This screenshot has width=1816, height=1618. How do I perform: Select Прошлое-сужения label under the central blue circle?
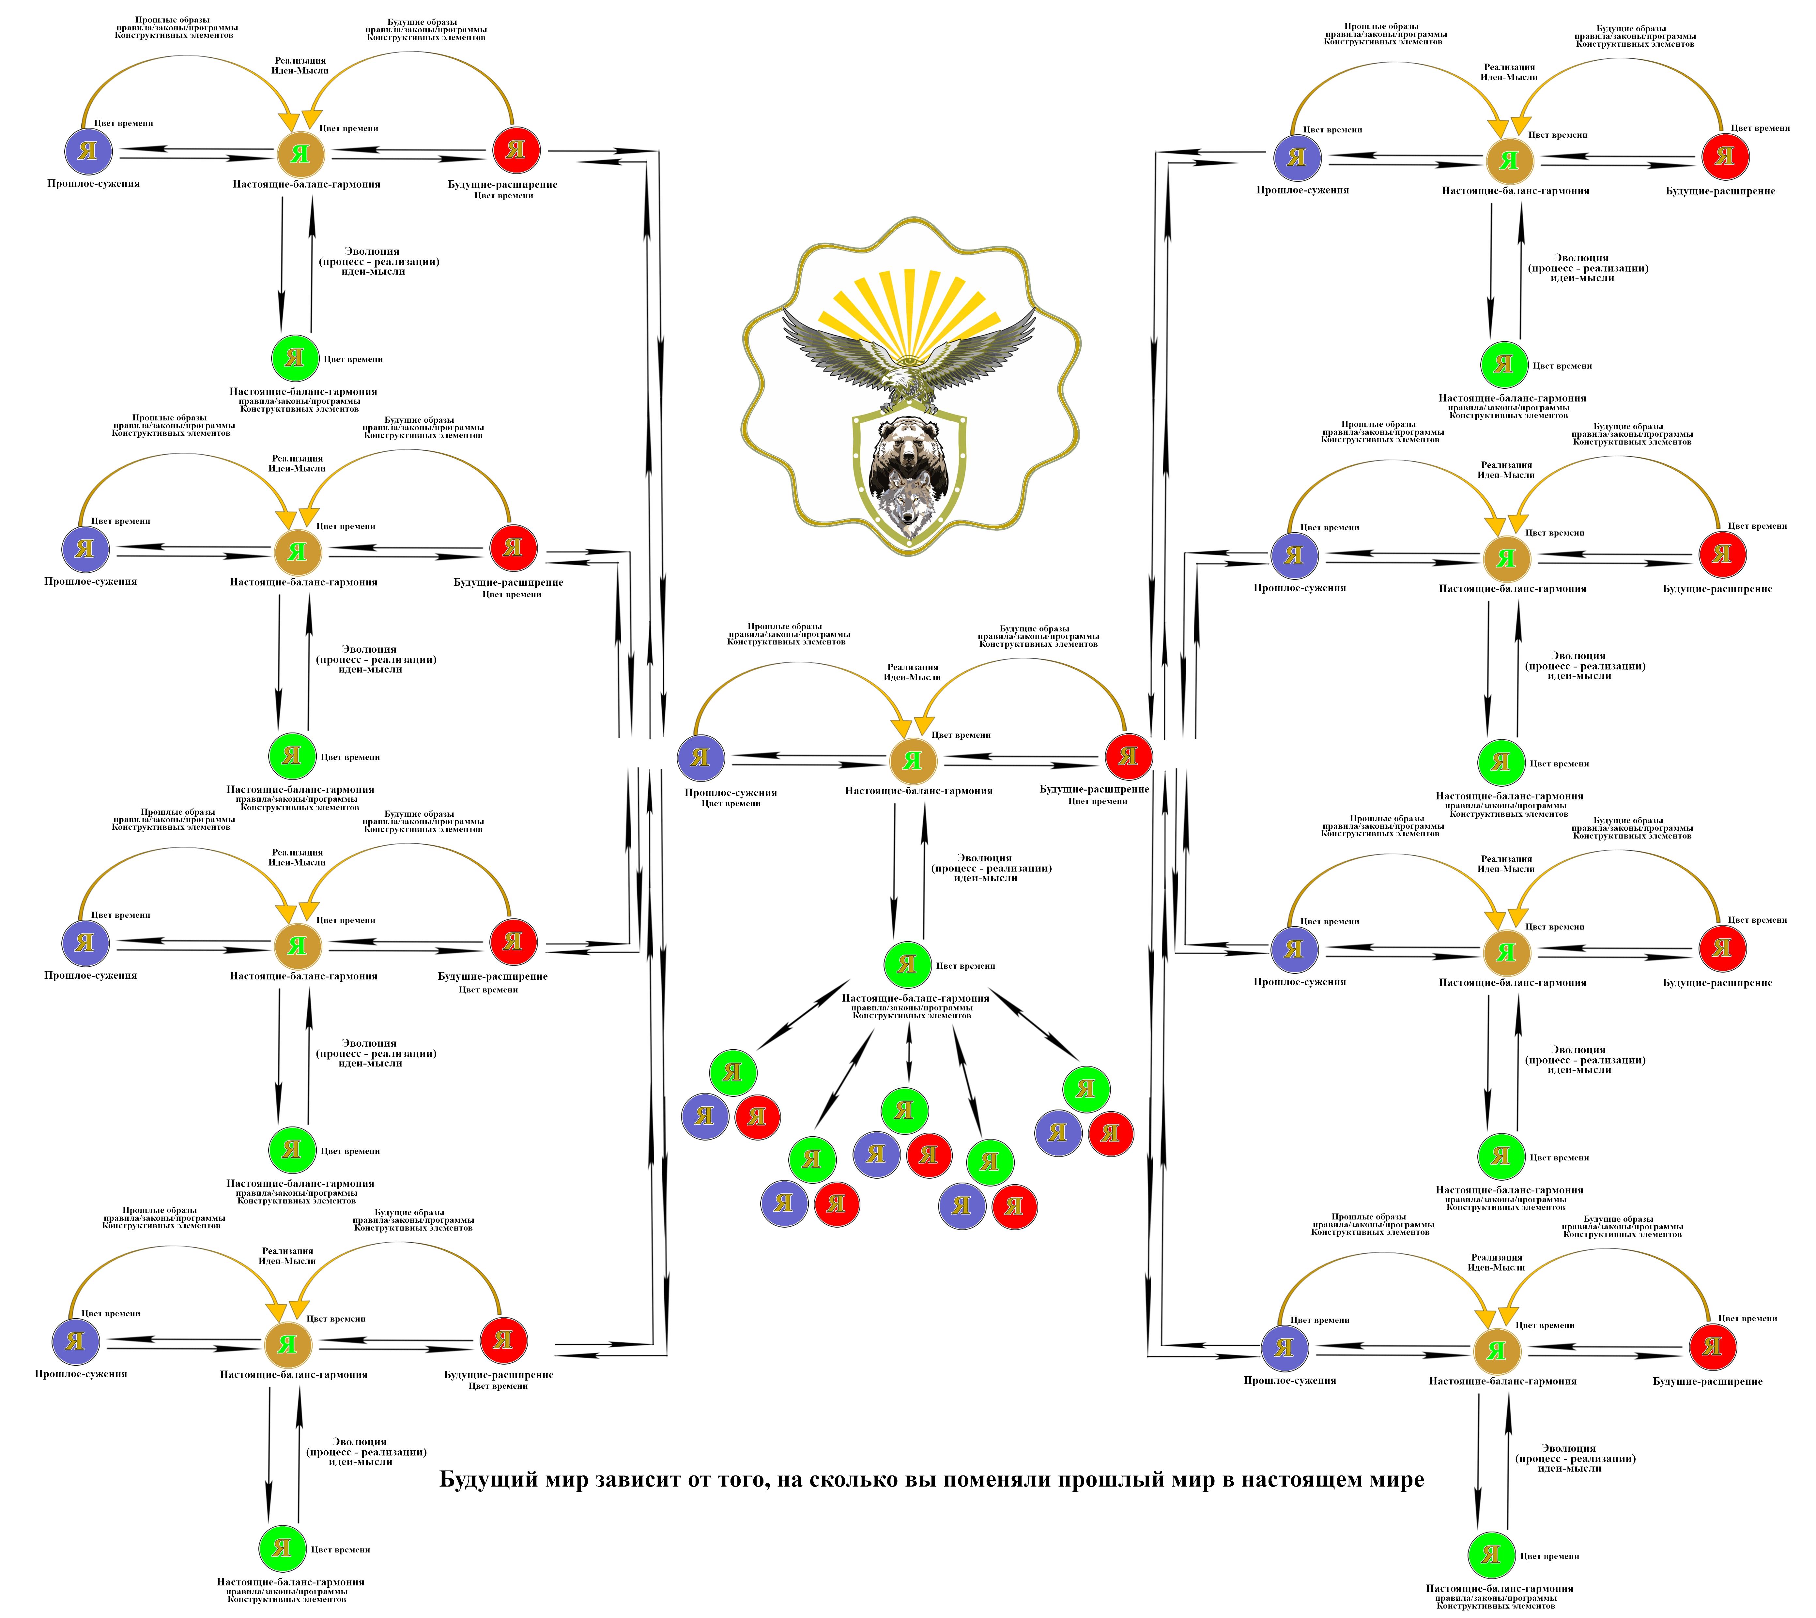pyautogui.click(x=730, y=792)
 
